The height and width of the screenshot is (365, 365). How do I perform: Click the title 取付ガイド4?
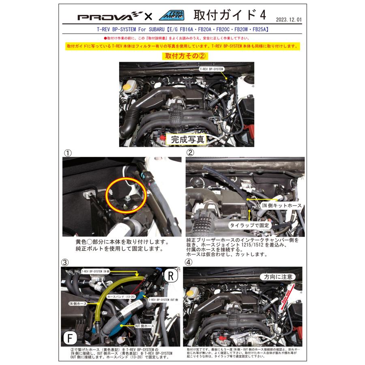230,15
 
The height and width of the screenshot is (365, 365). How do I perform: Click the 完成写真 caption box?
187,139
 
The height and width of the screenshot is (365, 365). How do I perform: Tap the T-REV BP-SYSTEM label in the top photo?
211,69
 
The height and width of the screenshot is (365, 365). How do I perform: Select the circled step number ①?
68,152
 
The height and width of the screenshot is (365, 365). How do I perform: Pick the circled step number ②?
190,152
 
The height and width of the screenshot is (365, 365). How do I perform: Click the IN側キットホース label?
282,206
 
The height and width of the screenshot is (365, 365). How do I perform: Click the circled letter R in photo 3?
170,277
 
